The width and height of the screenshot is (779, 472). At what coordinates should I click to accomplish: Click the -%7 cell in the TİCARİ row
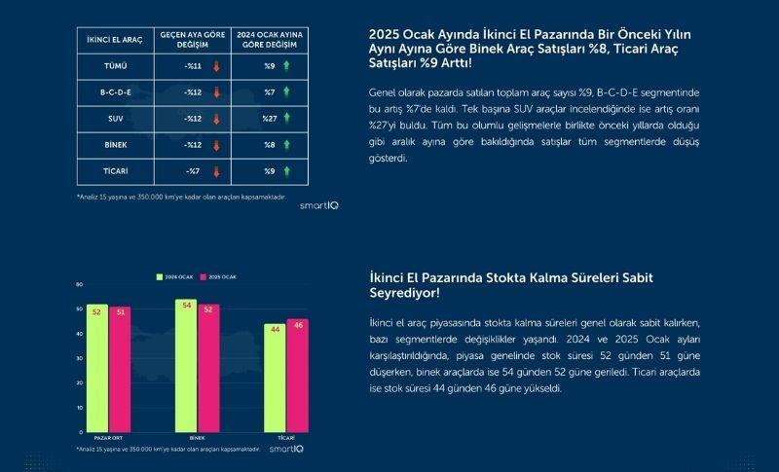click(x=193, y=171)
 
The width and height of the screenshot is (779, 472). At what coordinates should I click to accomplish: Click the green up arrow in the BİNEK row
click(x=287, y=145)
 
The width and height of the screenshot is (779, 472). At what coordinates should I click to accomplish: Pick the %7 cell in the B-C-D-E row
click(x=270, y=93)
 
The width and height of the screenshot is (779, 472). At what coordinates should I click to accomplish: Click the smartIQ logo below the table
click(x=318, y=205)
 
